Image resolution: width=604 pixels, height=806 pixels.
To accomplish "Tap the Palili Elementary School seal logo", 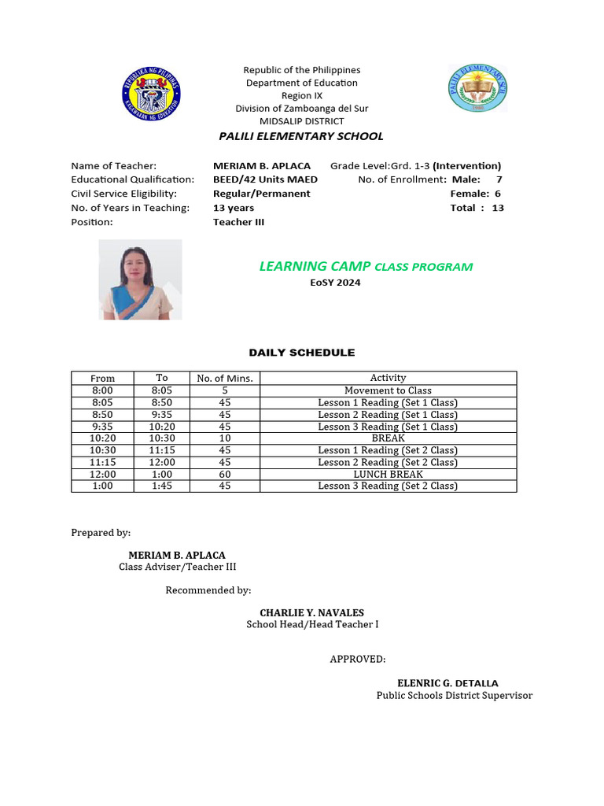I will pos(478,92).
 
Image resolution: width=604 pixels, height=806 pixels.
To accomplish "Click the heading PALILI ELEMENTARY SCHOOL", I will pos(301,136).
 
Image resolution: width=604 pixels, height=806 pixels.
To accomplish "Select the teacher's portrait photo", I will pos(140,280).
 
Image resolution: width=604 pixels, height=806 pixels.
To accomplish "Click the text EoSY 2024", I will pos(335,283).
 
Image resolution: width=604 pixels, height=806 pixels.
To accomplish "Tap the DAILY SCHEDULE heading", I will pos(302,353).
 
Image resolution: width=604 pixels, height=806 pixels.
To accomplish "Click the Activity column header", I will pos(388,378).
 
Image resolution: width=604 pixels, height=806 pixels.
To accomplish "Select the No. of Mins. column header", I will pos(225,379).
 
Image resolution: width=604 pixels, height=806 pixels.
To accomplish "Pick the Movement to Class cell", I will pos(388,390).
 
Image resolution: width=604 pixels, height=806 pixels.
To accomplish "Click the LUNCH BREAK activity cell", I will pos(388,474).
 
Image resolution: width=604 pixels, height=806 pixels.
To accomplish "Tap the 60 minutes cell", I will pos(225,474).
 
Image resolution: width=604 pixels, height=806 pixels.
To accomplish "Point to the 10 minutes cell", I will pos(225,438).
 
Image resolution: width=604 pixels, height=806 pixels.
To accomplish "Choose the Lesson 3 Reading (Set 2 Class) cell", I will pos(388,486).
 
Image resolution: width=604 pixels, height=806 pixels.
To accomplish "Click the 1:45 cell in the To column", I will pos(162,486).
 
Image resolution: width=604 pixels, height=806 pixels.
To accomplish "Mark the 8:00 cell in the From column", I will pos(102,390).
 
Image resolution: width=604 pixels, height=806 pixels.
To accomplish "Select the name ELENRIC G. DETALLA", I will pos(447,683).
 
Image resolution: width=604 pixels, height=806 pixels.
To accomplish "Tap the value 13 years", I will pos(234,208).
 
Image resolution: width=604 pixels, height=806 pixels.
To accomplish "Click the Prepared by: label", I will pos(101,533).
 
